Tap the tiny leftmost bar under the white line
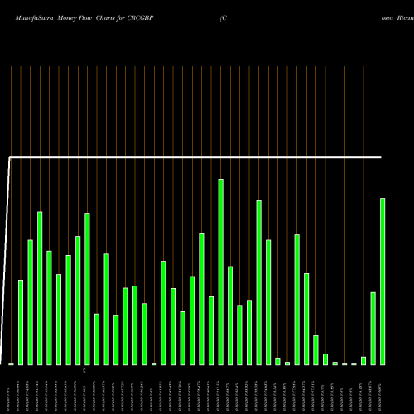coord(12,363)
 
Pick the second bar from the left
coord(21,323)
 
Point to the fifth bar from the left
coord(50,307)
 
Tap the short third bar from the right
coord(363,360)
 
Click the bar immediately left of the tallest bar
coord(211,330)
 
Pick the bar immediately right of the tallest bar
coord(230,315)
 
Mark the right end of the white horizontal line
coord(382,156)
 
